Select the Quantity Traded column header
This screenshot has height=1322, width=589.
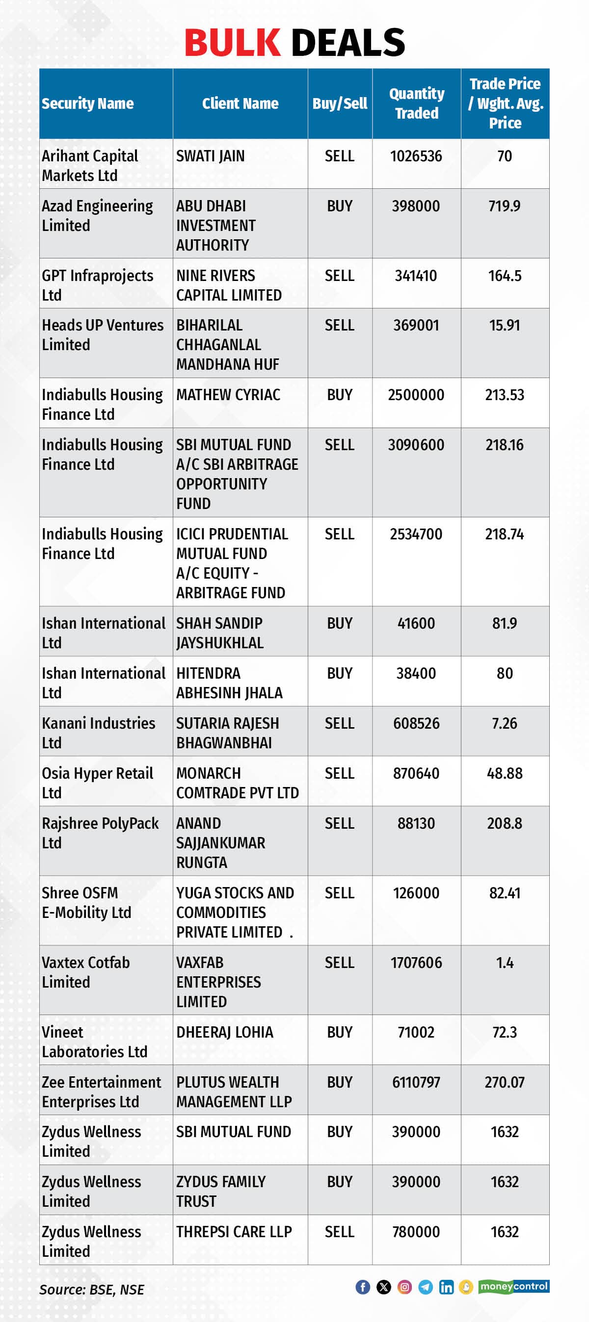click(x=416, y=103)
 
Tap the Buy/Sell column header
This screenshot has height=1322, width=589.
click(x=340, y=103)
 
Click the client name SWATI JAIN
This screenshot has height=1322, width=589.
click(x=211, y=156)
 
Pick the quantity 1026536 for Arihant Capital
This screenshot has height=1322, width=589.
click(x=416, y=156)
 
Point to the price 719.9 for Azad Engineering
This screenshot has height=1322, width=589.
click(x=504, y=206)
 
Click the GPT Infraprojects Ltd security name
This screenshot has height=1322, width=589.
click(x=97, y=285)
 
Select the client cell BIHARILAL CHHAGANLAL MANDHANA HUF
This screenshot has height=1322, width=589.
click(x=227, y=344)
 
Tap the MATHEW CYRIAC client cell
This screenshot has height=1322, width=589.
click(x=228, y=395)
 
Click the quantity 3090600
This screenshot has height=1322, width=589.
click(x=416, y=444)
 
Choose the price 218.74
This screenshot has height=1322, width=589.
click(x=504, y=534)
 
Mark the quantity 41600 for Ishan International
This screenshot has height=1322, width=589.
click(x=416, y=623)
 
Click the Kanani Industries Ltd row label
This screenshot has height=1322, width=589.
click(x=98, y=732)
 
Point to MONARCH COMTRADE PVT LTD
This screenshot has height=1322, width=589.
click(x=237, y=783)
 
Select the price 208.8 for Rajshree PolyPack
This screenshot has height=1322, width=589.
click(x=504, y=823)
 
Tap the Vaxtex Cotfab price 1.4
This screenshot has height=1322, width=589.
click(x=504, y=962)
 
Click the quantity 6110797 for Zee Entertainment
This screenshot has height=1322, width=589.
click(x=416, y=1082)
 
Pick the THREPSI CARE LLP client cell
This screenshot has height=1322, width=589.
click(x=234, y=1231)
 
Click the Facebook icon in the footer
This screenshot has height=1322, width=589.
click(x=363, y=1287)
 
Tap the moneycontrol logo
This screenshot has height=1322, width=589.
click(x=513, y=1286)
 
